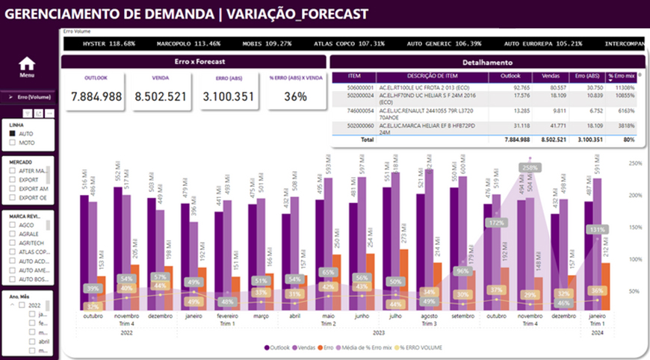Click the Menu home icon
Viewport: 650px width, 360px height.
tap(27, 64)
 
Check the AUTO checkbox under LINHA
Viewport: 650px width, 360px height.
tap(13, 134)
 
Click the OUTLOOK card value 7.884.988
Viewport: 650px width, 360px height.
tap(96, 96)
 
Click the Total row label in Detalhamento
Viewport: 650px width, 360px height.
tap(367, 140)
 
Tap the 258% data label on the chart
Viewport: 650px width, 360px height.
tap(530, 168)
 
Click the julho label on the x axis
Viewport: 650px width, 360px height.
tap(394, 317)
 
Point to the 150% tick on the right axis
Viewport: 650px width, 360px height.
tap(637, 227)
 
